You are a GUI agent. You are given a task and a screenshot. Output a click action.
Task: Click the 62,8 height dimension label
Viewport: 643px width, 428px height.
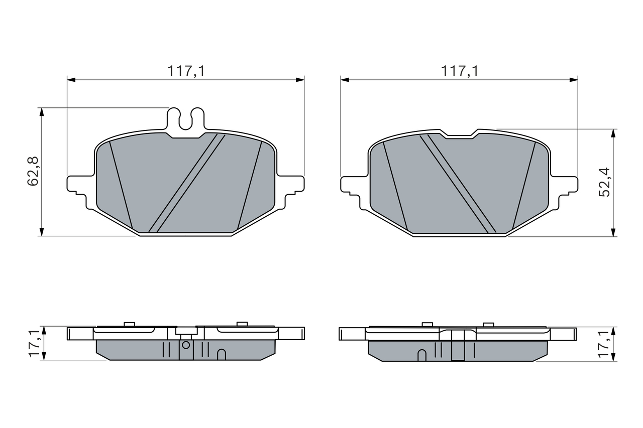click(33, 172)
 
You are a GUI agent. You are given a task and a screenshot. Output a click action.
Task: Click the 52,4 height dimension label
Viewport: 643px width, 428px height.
click(604, 182)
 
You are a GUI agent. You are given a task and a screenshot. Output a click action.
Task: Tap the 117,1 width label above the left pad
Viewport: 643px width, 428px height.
click(186, 71)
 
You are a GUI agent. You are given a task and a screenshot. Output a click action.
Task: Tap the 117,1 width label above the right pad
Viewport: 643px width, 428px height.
click(460, 71)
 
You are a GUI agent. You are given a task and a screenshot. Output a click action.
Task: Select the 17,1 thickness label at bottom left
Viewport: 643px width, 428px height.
click(34, 343)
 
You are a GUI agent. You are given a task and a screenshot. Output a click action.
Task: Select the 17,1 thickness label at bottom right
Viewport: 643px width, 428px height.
click(603, 344)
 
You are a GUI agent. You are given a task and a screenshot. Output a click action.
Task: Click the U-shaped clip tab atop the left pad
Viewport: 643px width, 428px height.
click(186, 120)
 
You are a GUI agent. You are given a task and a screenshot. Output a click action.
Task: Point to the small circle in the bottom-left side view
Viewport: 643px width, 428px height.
click(186, 345)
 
